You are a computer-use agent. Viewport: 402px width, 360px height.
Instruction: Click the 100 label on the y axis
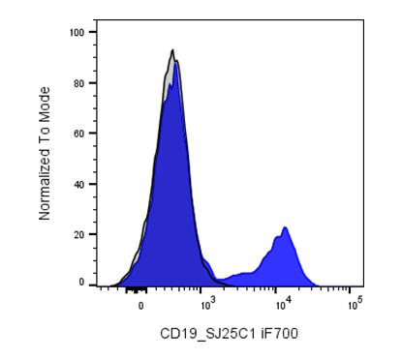click(x=77, y=32)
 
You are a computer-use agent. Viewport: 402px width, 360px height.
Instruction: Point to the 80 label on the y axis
click(x=78, y=83)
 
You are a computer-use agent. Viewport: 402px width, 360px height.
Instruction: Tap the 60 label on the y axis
click(x=78, y=134)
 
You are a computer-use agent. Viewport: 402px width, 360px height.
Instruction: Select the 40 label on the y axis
click(x=78, y=184)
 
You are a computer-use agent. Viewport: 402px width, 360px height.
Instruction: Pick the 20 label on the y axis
click(x=78, y=234)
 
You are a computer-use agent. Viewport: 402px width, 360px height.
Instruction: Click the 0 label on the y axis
click(x=81, y=283)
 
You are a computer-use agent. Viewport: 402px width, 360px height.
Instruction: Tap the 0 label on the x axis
click(x=141, y=306)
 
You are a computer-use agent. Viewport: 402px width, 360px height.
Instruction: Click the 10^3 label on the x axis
click(x=207, y=303)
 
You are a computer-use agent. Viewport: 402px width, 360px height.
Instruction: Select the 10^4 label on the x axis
click(x=283, y=303)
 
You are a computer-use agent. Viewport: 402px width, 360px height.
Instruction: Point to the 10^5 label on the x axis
click(x=356, y=303)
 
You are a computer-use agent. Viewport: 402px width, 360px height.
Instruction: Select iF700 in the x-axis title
click(x=280, y=334)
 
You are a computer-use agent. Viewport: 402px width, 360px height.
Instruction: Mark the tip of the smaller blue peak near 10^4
click(x=285, y=227)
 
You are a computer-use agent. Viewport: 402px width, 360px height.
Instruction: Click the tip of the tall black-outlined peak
click(x=172, y=49)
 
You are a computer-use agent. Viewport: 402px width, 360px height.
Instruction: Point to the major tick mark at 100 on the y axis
click(x=93, y=32)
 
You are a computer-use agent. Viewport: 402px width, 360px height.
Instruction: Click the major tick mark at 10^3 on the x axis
click(x=201, y=289)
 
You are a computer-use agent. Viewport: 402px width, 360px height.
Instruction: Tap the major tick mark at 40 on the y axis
click(x=93, y=184)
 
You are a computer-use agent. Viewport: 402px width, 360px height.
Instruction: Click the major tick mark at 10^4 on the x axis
click(x=275, y=289)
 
